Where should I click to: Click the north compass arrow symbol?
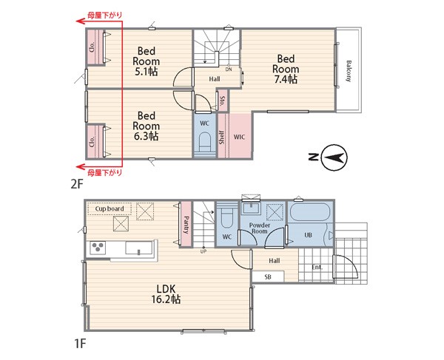(x=335, y=157)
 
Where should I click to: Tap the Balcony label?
(x=349, y=71)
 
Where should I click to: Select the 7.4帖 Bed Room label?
(x=286, y=69)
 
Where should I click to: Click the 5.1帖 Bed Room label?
(x=146, y=61)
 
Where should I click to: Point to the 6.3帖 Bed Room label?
(x=146, y=126)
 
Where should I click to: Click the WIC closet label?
(x=239, y=137)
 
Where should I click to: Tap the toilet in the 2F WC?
(x=204, y=143)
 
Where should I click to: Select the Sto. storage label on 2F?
(x=223, y=101)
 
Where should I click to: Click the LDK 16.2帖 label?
(x=166, y=294)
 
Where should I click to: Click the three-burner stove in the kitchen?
(x=98, y=248)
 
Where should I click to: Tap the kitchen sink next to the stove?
(x=139, y=248)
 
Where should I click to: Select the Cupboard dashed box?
(x=110, y=208)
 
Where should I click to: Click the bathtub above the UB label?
(x=310, y=212)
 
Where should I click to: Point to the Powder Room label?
(x=260, y=228)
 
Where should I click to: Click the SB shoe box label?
(x=268, y=277)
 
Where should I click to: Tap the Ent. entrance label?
(x=317, y=268)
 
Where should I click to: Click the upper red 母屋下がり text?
(x=104, y=16)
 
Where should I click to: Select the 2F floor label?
(x=77, y=184)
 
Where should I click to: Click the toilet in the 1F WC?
(x=226, y=218)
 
